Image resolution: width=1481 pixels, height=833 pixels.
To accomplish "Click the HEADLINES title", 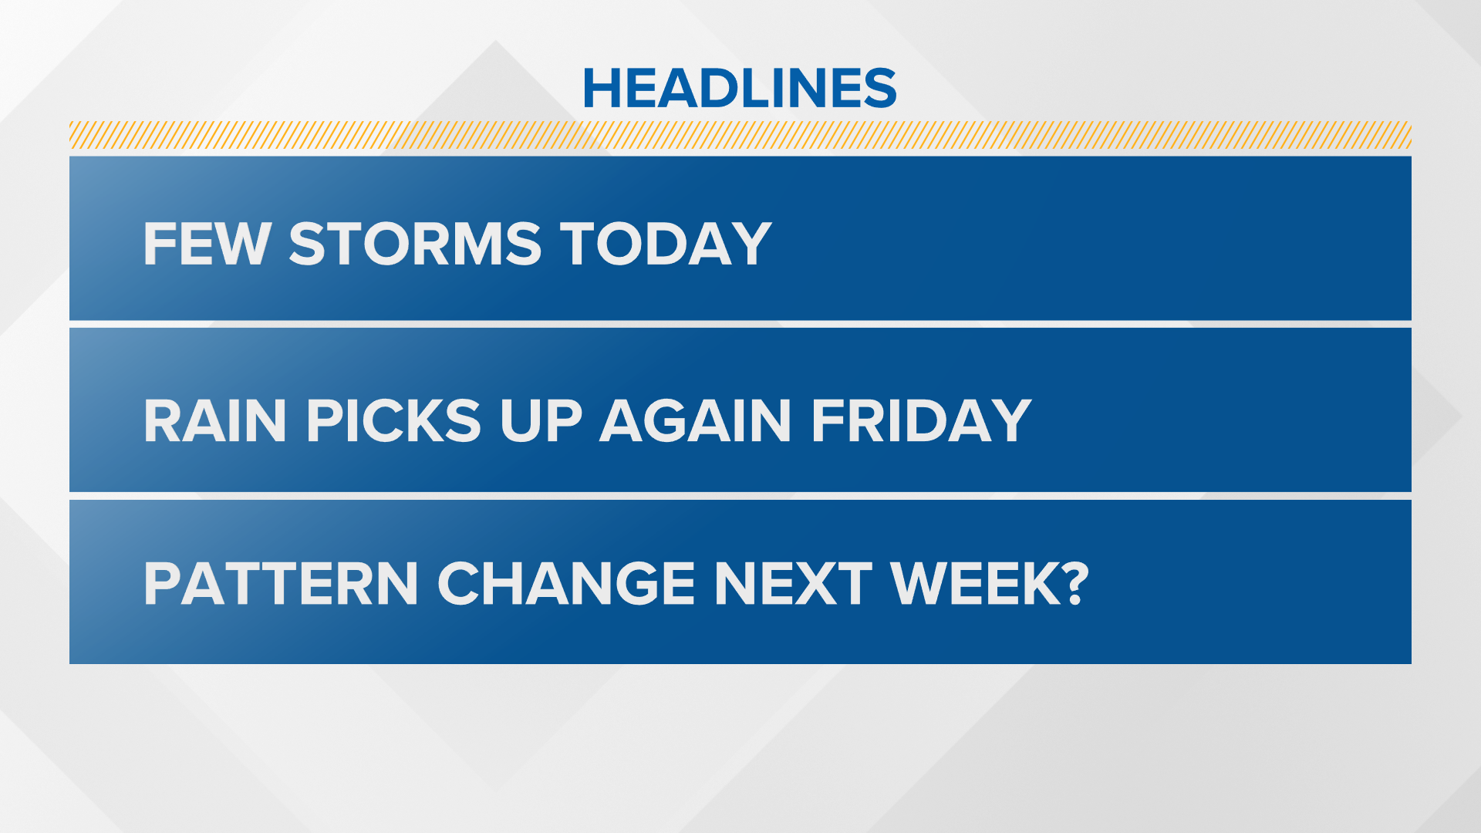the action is pyautogui.click(x=740, y=87).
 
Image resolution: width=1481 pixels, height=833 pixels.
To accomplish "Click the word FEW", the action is pyautogui.click(x=207, y=244).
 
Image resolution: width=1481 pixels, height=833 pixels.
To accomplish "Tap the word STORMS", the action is pyautogui.click(x=415, y=244).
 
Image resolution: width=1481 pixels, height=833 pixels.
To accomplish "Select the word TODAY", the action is pyautogui.click(x=666, y=244).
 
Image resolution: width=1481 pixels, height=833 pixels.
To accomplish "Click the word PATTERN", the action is pyautogui.click(x=281, y=583).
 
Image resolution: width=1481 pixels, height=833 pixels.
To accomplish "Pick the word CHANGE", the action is pyautogui.click(x=566, y=583).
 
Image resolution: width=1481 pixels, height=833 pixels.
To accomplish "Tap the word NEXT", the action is pyautogui.click(x=793, y=583).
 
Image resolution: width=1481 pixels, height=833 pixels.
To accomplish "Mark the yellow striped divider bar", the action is pyautogui.click(x=740, y=135).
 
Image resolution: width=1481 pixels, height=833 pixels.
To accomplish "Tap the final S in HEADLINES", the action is pyautogui.click(x=880, y=88).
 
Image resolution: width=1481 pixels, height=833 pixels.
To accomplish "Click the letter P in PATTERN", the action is pyautogui.click(x=161, y=583).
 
